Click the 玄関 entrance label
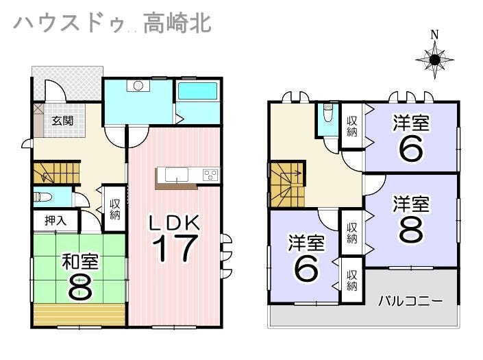click(x=62, y=121)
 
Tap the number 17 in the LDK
click(x=175, y=248)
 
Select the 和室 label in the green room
click(x=80, y=262)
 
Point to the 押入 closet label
click(x=55, y=221)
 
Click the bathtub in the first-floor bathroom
click(x=197, y=91)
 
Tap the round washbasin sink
click(x=138, y=86)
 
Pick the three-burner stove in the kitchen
click(x=211, y=175)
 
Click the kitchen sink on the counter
click(x=177, y=175)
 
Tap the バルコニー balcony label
click(x=410, y=300)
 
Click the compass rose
click(x=434, y=60)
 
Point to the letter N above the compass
click(x=434, y=34)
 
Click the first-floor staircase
click(x=57, y=173)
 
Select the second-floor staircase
click(x=287, y=184)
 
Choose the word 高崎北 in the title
click(x=177, y=23)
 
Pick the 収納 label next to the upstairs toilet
click(x=352, y=126)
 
